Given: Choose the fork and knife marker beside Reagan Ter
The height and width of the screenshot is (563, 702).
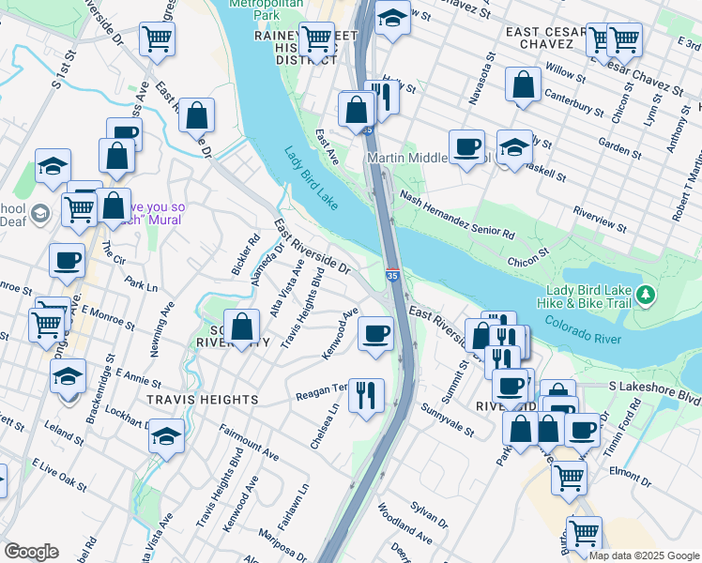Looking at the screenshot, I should click(x=366, y=394).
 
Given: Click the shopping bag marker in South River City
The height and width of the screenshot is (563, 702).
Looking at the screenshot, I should click(x=242, y=327).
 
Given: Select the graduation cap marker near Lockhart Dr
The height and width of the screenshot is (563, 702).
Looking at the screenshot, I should click(x=166, y=437).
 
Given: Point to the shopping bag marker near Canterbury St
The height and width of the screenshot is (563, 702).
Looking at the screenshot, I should click(x=523, y=85).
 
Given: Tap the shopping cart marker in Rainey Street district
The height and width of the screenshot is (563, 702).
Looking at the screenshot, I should click(x=317, y=39).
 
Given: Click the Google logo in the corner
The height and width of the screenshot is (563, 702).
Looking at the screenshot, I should click(x=32, y=551).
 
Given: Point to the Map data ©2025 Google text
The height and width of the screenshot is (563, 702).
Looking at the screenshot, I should click(x=644, y=555).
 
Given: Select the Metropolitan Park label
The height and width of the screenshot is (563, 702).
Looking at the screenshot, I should click(x=272, y=9).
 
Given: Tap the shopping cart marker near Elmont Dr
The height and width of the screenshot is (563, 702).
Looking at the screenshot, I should click(x=569, y=476).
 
